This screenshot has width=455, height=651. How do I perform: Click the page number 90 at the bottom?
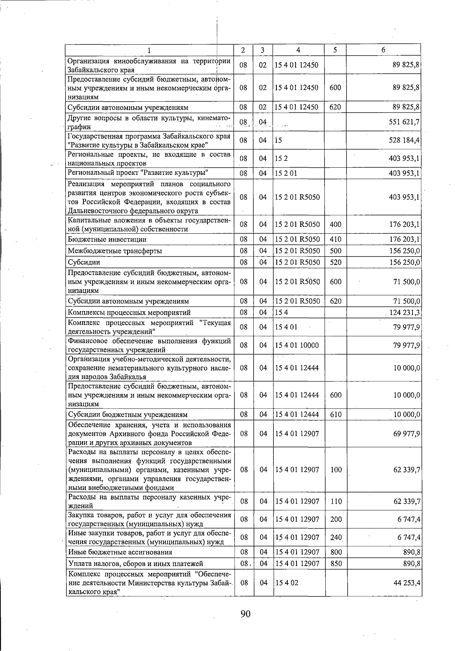pos(245,614)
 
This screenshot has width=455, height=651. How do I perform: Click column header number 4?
pos(298,50)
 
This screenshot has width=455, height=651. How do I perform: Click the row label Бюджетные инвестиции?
pos(107,239)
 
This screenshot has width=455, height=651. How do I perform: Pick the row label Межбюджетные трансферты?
pos(115,251)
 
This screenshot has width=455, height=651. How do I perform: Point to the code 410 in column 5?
pos(336,239)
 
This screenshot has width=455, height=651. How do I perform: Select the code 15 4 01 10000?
pos(297,345)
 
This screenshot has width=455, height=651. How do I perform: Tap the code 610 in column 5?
pos(336,415)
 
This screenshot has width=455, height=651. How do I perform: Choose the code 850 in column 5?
pos(336,564)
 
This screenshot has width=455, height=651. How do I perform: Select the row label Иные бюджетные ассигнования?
pos(120,552)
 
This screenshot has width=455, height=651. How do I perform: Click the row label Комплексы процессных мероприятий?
pos(129,313)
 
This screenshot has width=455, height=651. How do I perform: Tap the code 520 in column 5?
pos(336,262)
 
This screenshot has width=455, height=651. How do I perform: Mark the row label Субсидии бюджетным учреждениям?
pos(127,415)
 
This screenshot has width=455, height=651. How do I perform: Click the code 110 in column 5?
pos(336,502)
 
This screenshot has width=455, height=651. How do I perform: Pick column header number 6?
pos(384,50)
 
